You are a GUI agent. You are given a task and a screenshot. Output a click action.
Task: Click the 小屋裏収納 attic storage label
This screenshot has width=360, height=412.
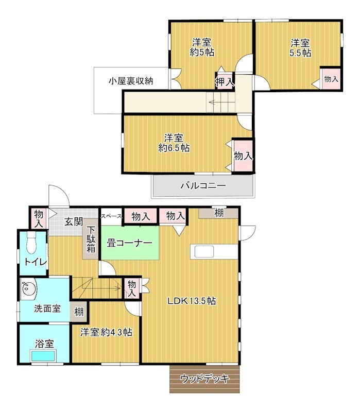(x=131, y=80)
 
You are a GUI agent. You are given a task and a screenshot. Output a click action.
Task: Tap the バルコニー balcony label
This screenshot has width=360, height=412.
(x=202, y=186)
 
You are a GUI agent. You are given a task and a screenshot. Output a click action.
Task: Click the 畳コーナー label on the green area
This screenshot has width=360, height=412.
(x=129, y=244)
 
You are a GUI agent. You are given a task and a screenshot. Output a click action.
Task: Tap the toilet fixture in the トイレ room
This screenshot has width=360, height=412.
(x=31, y=242)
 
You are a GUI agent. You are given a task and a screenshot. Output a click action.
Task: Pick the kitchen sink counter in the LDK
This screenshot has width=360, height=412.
(x=205, y=251)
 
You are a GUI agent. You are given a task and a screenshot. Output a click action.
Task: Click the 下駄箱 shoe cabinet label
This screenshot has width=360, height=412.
(x=91, y=239)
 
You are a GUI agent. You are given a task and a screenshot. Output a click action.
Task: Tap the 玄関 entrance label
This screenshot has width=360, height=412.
(x=74, y=222)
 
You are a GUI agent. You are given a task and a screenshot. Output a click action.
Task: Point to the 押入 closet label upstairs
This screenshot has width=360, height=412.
(x=225, y=81)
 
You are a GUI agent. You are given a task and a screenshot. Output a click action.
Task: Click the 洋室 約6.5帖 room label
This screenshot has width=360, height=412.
(x=174, y=143)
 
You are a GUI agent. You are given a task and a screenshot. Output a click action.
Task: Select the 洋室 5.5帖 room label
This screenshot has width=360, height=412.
(x=299, y=47)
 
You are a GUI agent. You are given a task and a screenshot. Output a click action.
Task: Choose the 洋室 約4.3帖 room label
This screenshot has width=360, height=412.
(x=106, y=332)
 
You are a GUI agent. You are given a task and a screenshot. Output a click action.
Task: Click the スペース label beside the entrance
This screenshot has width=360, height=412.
(x=111, y=216)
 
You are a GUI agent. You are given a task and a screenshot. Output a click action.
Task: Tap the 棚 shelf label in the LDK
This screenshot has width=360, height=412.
(x=219, y=213)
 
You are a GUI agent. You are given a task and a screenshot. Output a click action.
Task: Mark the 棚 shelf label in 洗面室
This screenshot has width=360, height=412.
(x=79, y=312)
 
